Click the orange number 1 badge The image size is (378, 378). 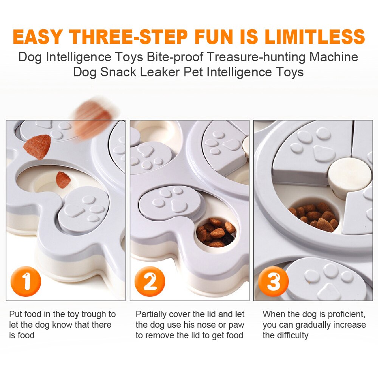25,281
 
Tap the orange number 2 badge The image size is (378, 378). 150,281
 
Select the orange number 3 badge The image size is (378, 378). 273,281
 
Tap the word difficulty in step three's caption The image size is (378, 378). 290,335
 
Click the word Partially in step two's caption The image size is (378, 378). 151,314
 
